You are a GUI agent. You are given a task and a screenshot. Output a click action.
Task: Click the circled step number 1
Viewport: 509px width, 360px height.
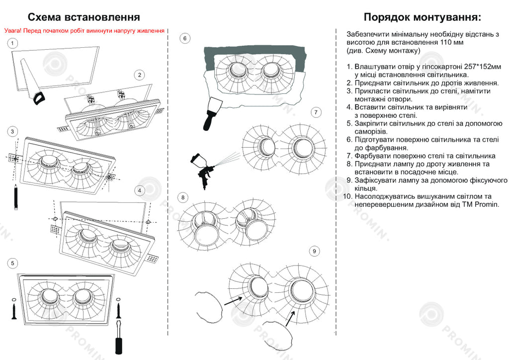(12, 43)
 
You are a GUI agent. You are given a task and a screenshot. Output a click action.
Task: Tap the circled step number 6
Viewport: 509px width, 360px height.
(185, 38)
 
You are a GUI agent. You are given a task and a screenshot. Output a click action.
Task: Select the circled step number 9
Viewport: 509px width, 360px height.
(314, 252)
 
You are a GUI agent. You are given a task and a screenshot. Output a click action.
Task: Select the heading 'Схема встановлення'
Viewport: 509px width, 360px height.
(84, 18)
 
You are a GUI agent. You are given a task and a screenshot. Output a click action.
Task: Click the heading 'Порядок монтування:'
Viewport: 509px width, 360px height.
(422, 18)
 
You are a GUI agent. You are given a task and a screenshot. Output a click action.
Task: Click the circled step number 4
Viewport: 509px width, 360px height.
(140, 190)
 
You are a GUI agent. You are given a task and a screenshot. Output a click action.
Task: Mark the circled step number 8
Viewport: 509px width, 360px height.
(183, 197)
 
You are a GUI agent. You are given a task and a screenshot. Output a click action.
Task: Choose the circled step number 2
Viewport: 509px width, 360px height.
(140, 75)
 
